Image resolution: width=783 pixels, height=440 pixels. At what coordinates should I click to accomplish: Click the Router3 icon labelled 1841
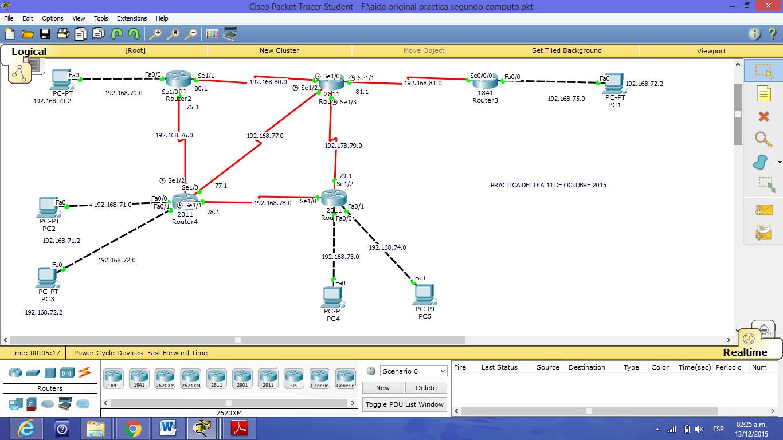tap(485, 81)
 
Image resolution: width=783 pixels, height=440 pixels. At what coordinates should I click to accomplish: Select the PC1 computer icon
tap(613, 84)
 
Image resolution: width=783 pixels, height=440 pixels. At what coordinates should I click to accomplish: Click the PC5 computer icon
tap(424, 295)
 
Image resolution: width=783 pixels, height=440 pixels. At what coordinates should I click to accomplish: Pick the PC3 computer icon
tap(47, 278)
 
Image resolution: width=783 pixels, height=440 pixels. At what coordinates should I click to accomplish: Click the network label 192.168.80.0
tap(268, 82)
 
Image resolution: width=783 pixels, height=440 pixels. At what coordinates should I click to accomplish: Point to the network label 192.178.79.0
tap(343, 146)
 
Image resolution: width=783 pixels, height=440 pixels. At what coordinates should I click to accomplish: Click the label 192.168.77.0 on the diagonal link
tap(265, 136)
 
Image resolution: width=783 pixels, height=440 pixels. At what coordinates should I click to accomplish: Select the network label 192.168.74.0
tap(387, 247)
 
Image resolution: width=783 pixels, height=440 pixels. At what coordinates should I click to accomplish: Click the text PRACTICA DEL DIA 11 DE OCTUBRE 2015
tap(548, 185)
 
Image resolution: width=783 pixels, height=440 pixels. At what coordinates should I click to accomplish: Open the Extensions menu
tap(132, 18)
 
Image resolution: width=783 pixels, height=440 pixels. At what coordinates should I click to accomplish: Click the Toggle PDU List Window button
tap(405, 404)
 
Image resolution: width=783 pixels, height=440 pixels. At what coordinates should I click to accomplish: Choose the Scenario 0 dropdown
tap(413, 371)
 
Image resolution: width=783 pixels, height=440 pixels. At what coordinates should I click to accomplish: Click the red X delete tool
tap(764, 117)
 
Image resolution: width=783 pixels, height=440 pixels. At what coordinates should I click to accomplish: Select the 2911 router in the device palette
tap(268, 378)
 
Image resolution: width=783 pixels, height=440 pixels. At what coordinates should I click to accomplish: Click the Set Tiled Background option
tap(566, 50)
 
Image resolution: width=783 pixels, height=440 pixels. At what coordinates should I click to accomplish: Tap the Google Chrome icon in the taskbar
tap(132, 429)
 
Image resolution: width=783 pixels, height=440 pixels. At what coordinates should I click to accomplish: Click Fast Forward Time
tap(177, 353)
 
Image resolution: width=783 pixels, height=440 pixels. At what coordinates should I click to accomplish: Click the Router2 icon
tap(178, 79)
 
